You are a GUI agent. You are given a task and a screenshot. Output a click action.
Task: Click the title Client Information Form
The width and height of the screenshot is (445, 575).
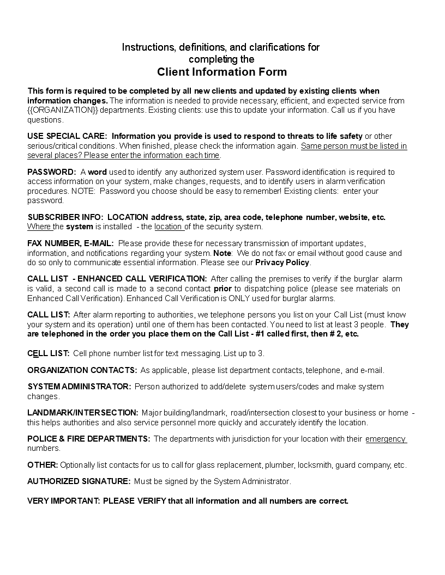pos(222,72)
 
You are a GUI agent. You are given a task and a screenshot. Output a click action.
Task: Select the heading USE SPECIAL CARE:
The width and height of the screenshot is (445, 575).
pos(67,136)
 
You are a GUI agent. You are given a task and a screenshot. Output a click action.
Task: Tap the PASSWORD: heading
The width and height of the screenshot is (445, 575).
pos(51,172)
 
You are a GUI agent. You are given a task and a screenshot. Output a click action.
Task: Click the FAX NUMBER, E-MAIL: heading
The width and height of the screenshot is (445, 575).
pos(70,243)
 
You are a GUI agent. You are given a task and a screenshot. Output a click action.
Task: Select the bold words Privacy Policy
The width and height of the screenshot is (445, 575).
pos(282,262)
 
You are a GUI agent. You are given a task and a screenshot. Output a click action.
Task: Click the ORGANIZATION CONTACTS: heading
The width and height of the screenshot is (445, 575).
pos(82,370)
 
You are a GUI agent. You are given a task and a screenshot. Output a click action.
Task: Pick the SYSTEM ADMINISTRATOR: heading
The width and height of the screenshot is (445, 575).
pos(79,387)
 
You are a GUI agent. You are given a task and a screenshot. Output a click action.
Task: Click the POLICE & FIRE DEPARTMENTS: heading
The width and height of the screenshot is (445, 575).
pos(89,439)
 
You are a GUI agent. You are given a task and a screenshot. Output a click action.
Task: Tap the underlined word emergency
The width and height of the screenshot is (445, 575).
pos(386,439)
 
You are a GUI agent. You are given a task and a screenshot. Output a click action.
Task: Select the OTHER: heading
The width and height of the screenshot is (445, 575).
pos(43,465)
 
